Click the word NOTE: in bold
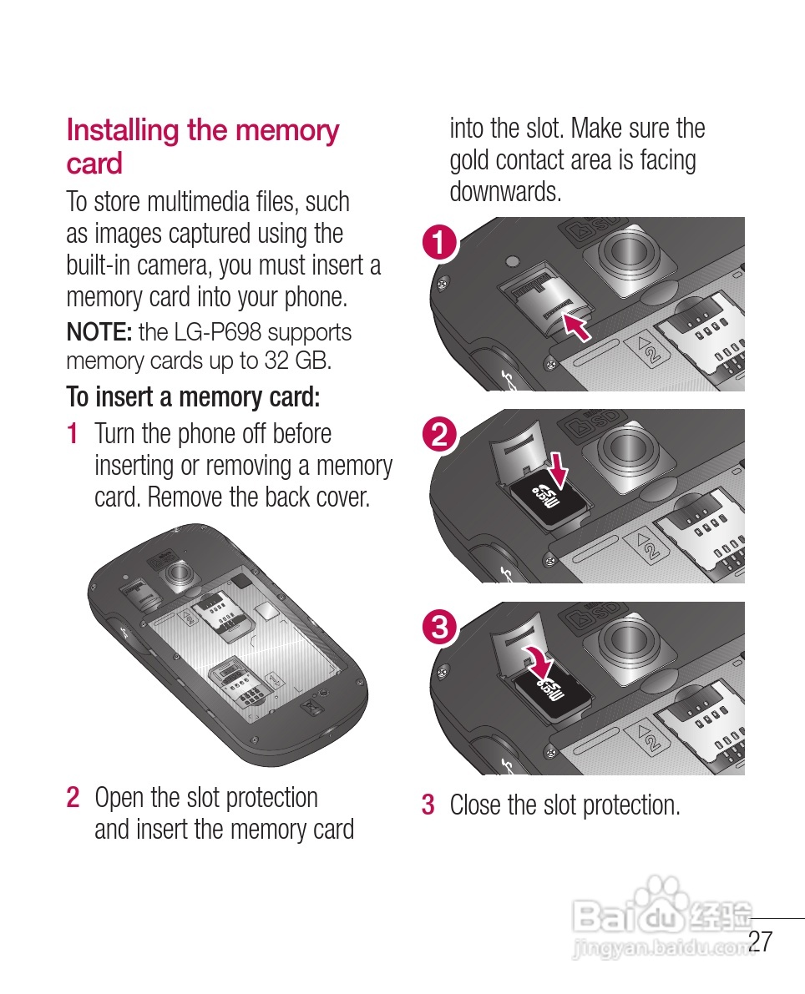point(99,332)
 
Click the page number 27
point(761,941)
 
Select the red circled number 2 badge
point(439,436)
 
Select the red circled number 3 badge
point(439,627)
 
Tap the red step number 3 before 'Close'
point(428,805)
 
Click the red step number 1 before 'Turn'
point(73,434)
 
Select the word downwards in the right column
point(505,192)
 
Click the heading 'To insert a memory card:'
point(193,397)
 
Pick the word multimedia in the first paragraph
point(200,202)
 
